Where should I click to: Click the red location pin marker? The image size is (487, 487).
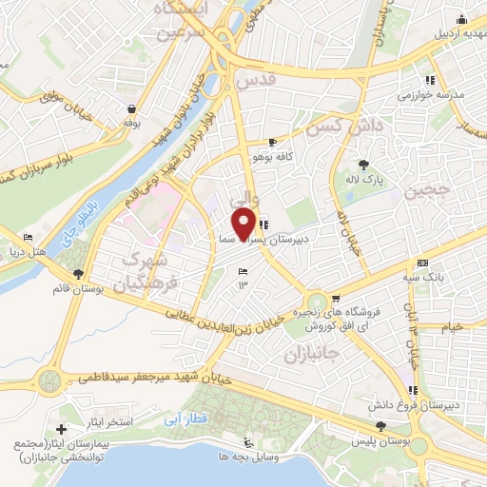(x=243, y=224)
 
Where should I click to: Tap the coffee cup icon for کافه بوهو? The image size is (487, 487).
(x=273, y=141)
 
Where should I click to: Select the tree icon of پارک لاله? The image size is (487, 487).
(x=360, y=164)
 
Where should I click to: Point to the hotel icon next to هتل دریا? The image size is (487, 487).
(x=29, y=238)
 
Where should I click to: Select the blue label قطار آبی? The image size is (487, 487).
(x=182, y=417)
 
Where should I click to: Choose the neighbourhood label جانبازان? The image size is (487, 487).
(x=311, y=355)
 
